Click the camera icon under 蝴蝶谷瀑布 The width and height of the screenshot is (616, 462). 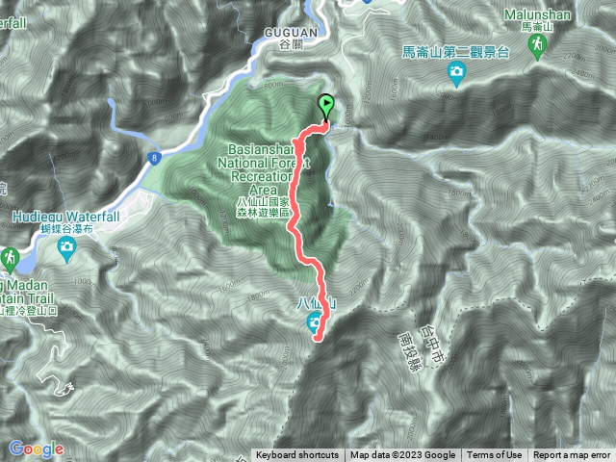click(66, 251)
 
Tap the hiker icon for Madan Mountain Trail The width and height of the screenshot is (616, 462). click(10, 258)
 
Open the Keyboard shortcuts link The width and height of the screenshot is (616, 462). click(296, 455)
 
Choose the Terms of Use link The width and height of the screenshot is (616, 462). click(495, 455)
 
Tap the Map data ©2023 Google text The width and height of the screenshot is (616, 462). click(403, 455)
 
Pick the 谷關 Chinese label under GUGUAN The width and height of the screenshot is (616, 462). click(282, 44)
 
